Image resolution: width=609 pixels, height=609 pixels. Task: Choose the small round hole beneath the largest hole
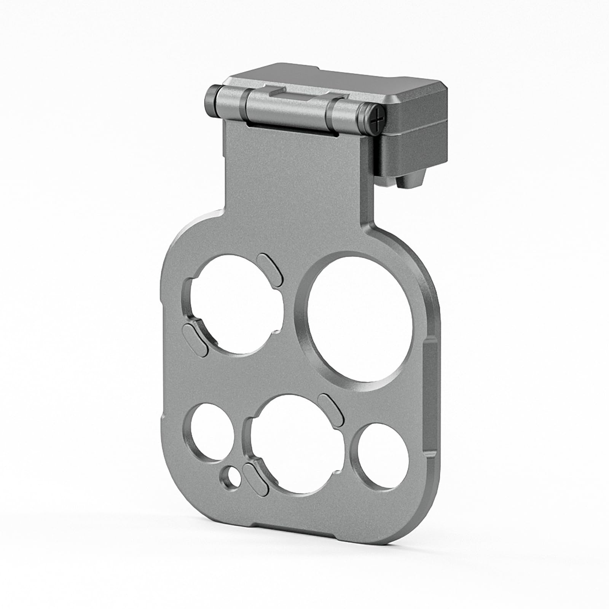point(379,457)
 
